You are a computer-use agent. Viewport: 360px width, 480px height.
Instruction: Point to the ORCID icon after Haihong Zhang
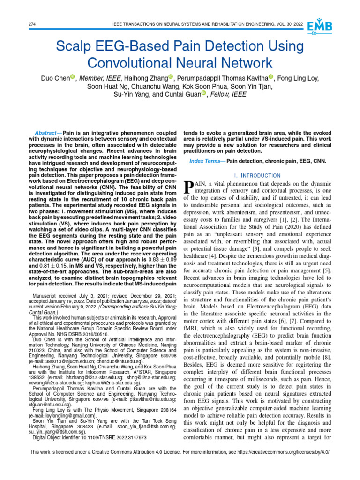pyautogui.click(x=171, y=77)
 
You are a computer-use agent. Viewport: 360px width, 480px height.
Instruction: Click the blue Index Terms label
pyautogui.click(x=206, y=161)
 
